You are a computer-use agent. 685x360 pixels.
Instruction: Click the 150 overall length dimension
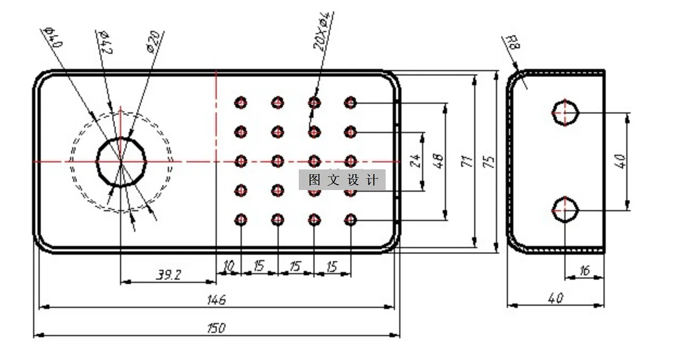pos(216,328)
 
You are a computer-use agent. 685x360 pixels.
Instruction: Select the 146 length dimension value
pos(216,299)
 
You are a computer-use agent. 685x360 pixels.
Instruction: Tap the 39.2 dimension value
pos(169,275)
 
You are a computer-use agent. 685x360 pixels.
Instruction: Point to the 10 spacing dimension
pos(229,266)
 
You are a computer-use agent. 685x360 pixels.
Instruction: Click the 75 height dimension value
pos(490,161)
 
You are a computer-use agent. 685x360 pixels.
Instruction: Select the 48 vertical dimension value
pos(439,161)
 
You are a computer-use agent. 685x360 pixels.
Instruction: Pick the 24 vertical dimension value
pos(416,161)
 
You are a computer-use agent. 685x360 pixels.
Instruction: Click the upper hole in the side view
pos(565,113)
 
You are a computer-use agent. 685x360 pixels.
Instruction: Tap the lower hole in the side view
pos(565,210)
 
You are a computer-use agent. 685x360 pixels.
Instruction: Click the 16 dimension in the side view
pos(585,270)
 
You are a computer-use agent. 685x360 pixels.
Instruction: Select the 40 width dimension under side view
pos(556,298)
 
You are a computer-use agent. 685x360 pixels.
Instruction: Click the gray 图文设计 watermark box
pos(342,180)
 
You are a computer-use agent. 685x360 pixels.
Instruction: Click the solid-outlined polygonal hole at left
pos(121,161)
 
